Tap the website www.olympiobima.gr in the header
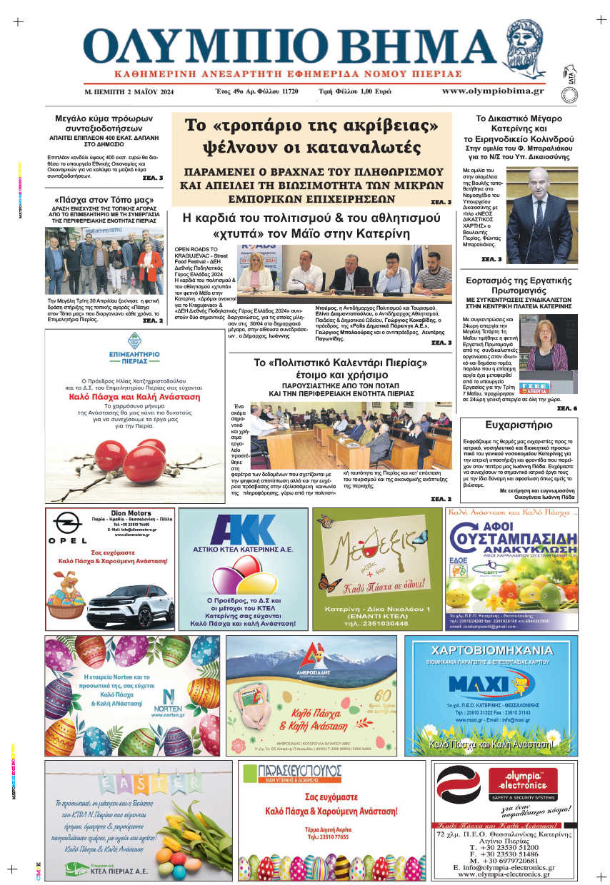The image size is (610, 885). point(492,91)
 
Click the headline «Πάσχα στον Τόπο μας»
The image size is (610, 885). point(105,199)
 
